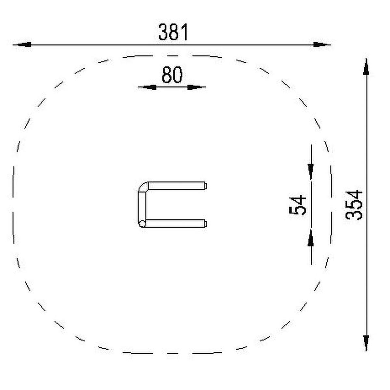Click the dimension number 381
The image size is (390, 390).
pos(173,32)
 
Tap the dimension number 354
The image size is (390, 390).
pos(354,205)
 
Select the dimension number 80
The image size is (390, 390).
pos(172,75)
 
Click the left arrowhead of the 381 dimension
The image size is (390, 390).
pos(24,45)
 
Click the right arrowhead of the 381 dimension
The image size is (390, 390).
pos(320,45)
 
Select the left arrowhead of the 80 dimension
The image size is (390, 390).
pos(149,87)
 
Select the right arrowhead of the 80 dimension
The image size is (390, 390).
pos(194,87)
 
